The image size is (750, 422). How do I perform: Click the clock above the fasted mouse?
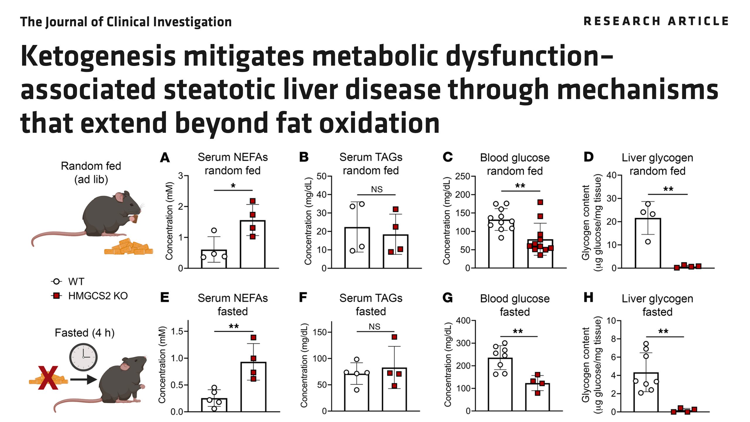[x=83, y=357]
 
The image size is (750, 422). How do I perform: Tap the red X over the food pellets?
[x=48, y=378]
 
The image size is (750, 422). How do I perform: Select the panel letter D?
[x=588, y=157]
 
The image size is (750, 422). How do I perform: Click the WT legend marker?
[x=56, y=282]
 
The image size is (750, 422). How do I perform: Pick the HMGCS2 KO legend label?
[x=98, y=296]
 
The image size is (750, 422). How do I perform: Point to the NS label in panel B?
[x=377, y=190]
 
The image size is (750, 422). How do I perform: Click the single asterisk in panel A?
[x=233, y=186]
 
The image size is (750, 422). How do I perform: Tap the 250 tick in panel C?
[x=463, y=176]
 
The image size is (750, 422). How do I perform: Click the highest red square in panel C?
[x=540, y=202]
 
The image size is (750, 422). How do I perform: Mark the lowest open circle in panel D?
[x=648, y=242]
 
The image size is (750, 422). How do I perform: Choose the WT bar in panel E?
[x=214, y=405]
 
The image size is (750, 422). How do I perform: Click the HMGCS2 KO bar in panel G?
[x=537, y=397]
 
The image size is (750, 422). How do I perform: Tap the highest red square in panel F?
[x=394, y=337]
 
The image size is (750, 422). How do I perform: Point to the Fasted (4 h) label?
[x=85, y=333]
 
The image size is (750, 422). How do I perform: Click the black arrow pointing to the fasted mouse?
[x=83, y=380]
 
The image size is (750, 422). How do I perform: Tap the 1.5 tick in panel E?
[x=177, y=331]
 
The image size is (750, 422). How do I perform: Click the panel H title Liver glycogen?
[x=657, y=299]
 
